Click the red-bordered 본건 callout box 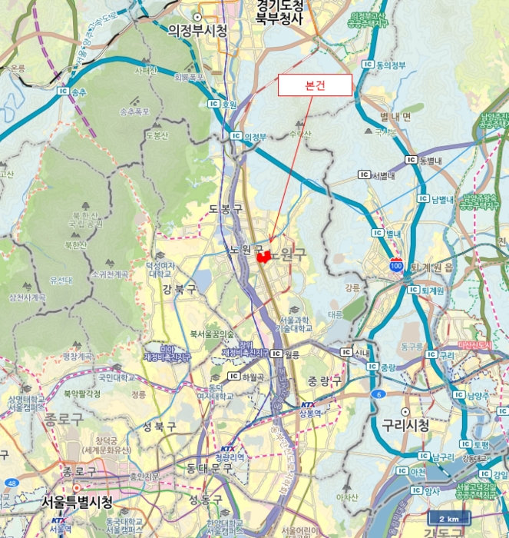315,85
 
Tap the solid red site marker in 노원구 264,257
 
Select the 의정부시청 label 198,30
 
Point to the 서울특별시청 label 76,503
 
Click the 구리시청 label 405,426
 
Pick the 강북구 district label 179,290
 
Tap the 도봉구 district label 225,209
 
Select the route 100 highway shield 395,265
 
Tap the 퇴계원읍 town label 432,267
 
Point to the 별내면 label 395,116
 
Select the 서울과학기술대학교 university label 296,324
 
